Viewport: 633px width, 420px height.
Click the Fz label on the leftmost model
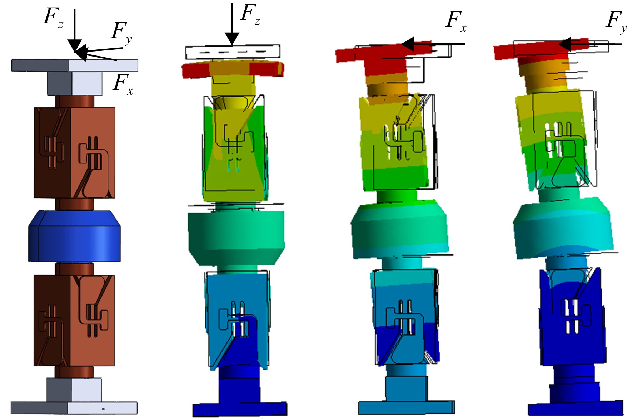pos(53,18)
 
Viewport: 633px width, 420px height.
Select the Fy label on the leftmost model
pos(122,33)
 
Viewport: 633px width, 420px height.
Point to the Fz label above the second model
pos(250,14)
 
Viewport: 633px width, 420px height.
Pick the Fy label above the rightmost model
pos(617,21)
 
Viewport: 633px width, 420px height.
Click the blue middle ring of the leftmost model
pos(75,236)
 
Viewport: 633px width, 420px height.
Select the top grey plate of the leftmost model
pos(75,65)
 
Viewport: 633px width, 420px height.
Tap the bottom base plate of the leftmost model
pos(74,408)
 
